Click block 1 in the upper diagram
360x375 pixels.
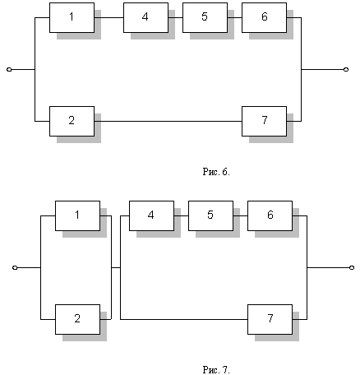pos(72,18)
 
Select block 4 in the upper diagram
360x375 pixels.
pos(145,18)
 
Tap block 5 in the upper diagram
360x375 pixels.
pos(205,18)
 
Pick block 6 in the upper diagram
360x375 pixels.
pos(264,18)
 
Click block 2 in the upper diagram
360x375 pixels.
pos(72,121)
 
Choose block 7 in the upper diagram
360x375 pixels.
pos(264,121)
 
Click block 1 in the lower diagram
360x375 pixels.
pos(77,215)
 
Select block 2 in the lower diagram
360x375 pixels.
pos(77,319)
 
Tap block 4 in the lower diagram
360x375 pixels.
pos(151,215)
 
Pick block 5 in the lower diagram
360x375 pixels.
pos(210,215)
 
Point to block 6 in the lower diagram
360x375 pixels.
pos(270,215)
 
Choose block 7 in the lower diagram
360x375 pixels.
pos(270,319)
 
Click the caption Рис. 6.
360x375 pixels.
pos(216,172)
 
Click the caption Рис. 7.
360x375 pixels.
pos(216,370)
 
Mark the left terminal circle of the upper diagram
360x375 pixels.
pos(9,70)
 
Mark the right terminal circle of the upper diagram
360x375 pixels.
pos(346,70)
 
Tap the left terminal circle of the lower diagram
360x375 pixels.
pos(15,267)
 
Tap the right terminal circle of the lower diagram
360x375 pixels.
pos(352,267)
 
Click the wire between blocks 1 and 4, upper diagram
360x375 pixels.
pos(108,18)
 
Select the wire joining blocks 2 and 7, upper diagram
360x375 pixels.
pos(168,121)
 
